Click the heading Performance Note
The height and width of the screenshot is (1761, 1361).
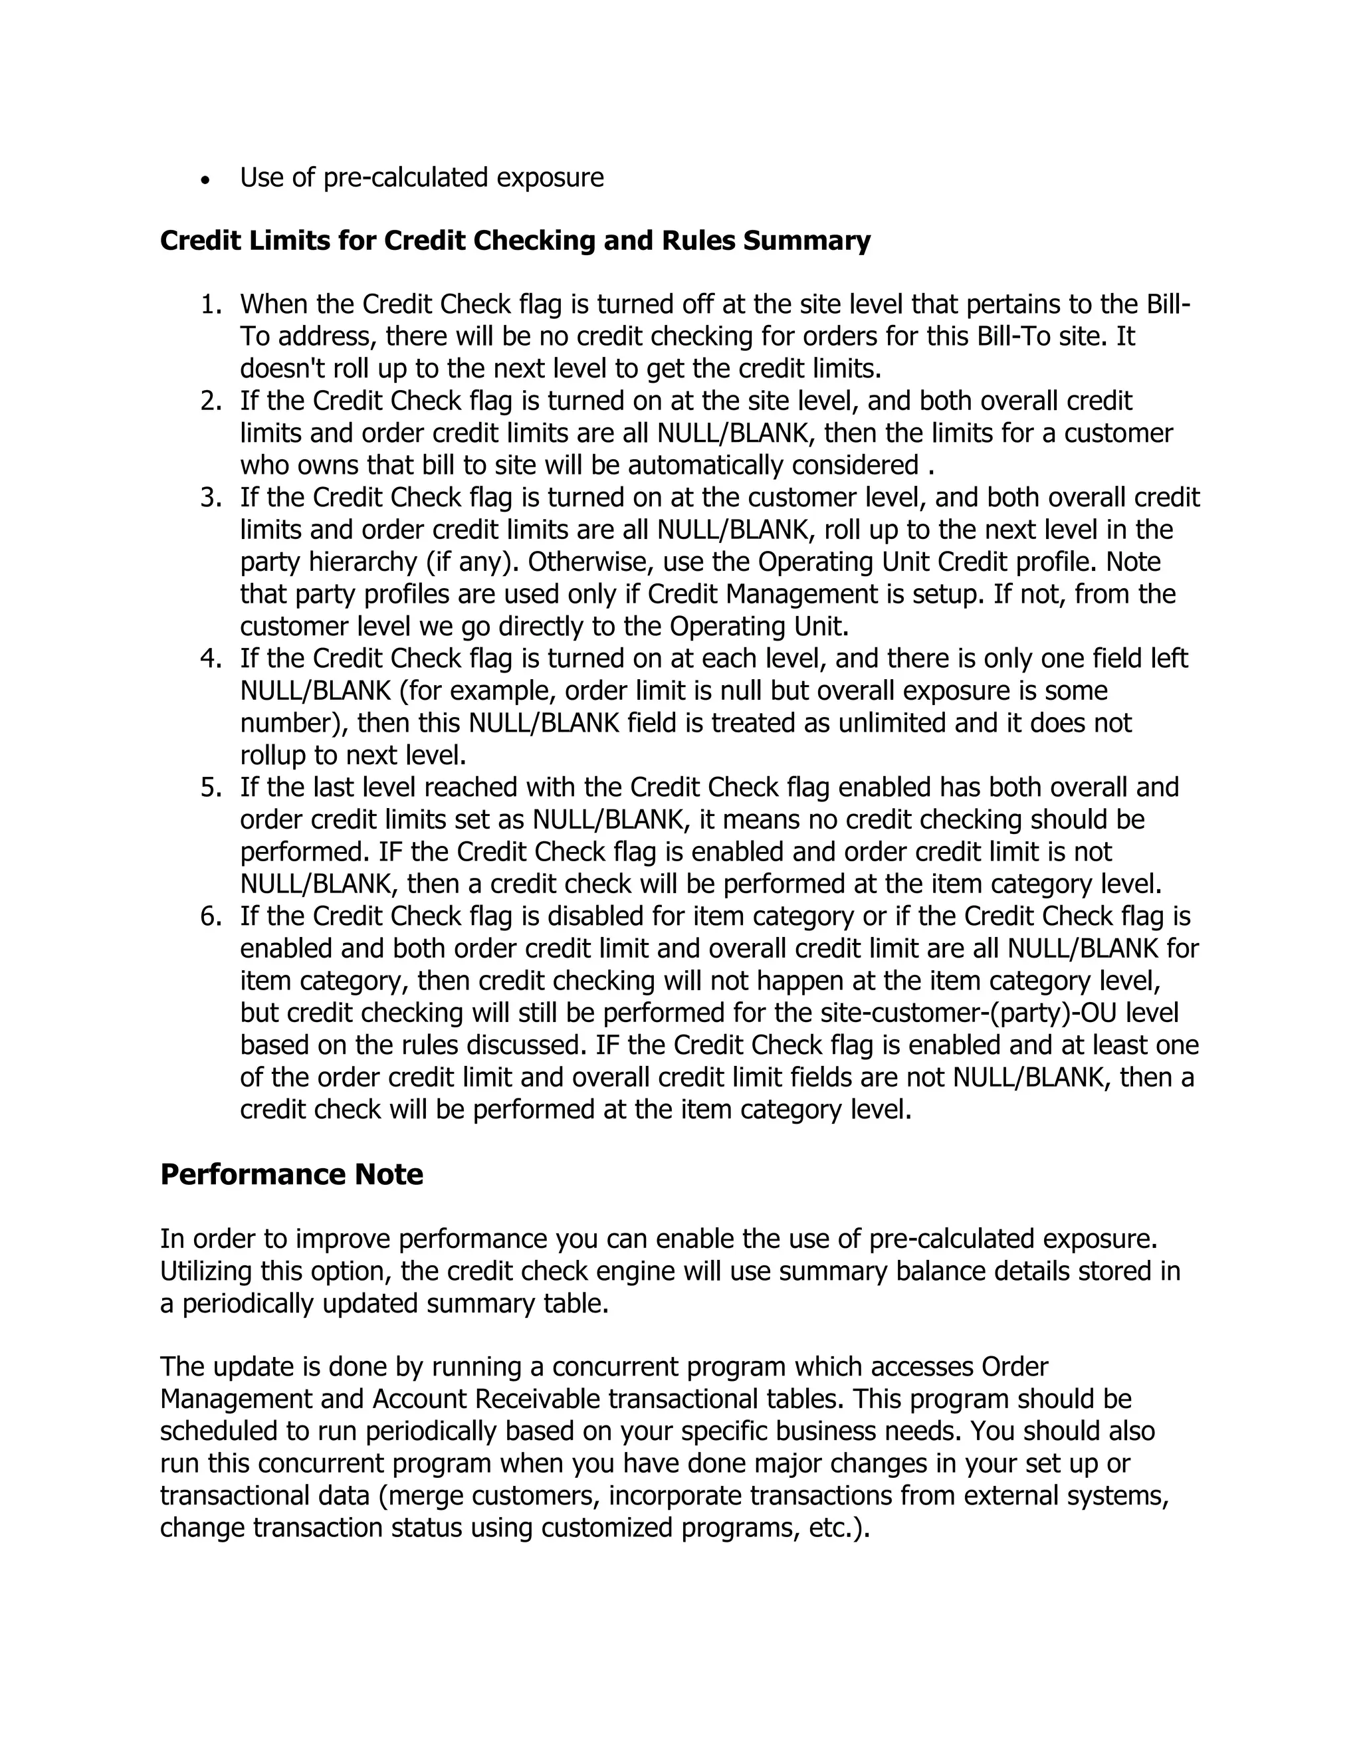tap(291, 1174)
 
